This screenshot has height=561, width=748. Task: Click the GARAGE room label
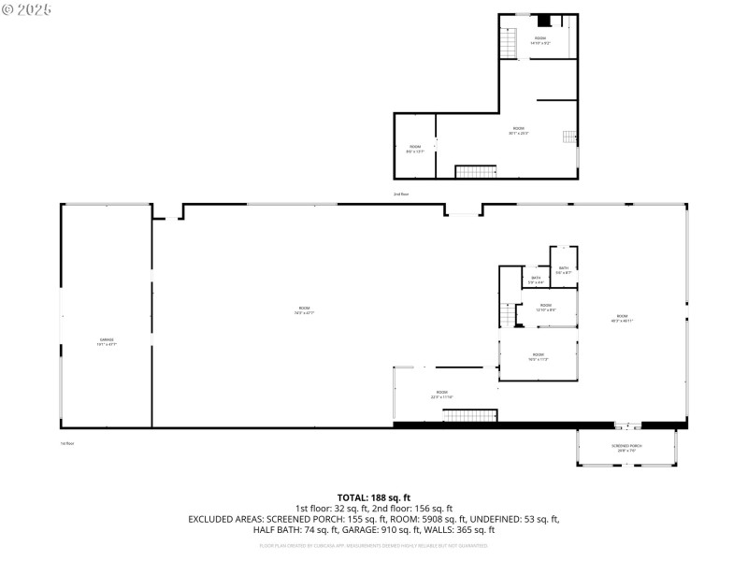pos(106,341)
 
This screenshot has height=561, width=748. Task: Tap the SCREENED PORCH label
pos(626,448)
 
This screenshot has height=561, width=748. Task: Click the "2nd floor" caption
pos(401,194)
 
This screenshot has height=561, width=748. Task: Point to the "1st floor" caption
pos(66,442)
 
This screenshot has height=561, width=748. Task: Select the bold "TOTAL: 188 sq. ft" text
pos(374,497)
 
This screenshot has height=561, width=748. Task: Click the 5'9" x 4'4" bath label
pos(536,280)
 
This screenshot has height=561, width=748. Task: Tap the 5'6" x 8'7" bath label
pos(564,270)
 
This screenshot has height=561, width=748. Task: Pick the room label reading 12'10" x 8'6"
pos(545,308)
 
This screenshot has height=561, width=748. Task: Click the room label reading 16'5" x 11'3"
pos(539,356)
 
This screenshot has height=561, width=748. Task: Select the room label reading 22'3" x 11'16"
pos(441,395)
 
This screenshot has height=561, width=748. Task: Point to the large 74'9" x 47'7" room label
pos(304,310)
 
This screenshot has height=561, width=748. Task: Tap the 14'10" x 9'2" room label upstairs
pos(540,40)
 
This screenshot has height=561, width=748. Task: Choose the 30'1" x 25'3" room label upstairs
pos(518,131)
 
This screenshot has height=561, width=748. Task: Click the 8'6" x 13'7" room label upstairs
pos(415,149)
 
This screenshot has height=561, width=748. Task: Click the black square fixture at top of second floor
pos(544,20)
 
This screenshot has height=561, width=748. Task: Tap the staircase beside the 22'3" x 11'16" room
pos(468,415)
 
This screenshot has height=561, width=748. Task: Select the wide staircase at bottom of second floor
pos(476,171)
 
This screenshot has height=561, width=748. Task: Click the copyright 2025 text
pos(27,9)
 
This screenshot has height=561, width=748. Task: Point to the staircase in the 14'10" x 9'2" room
pos(509,43)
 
